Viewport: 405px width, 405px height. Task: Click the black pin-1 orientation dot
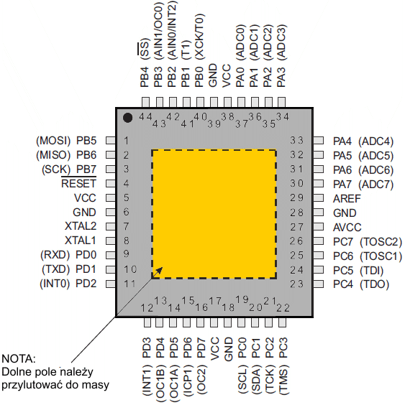[127, 118]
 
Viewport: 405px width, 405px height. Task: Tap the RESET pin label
[78, 184]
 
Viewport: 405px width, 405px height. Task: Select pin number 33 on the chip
[296, 141]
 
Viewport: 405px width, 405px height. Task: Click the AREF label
[347, 199]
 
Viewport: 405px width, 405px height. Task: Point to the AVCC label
[347, 228]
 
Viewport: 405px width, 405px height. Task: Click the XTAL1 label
[81, 241]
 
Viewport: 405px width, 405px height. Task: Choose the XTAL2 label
[81, 226]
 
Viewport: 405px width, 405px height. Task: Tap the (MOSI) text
[53, 141]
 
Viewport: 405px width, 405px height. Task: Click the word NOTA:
[19, 359]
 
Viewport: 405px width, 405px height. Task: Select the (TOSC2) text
[381, 242]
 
